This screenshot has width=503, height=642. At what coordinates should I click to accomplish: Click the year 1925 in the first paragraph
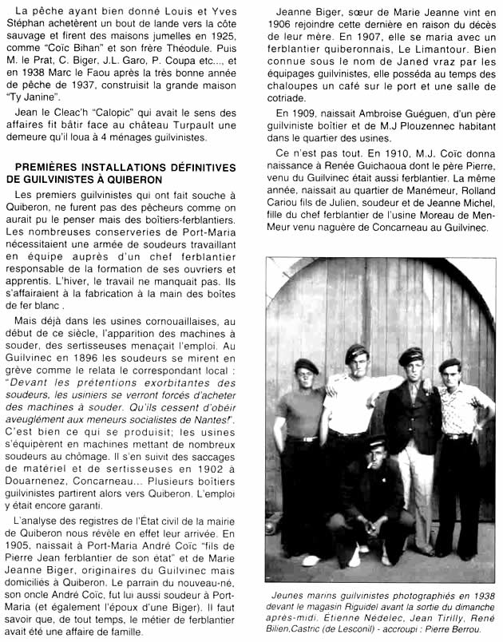click(x=228, y=38)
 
